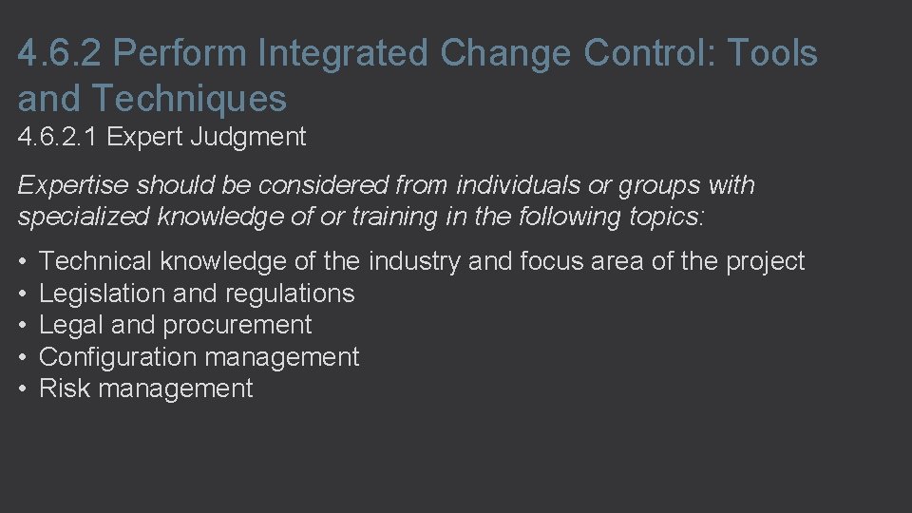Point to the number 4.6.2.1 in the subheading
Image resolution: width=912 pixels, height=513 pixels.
click(58, 137)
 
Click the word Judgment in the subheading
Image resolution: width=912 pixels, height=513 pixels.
click(248, 138)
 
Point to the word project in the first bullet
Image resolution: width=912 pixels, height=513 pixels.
click(766, 261)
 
